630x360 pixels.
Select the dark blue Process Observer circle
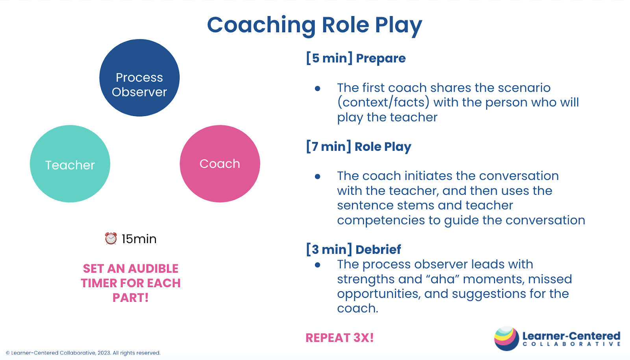139,78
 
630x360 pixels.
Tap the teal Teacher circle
70,164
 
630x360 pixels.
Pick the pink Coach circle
220,164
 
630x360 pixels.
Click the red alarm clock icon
111,238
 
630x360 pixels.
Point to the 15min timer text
139,239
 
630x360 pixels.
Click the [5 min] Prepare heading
356,58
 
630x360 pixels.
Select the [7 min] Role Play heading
359,146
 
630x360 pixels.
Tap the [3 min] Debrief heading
354,249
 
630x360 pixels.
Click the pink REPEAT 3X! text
340,338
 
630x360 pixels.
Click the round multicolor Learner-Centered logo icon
506,339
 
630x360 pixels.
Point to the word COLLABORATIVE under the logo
571,344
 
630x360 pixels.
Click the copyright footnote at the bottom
83,353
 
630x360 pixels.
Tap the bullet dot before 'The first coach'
317,89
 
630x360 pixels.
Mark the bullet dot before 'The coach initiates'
317,177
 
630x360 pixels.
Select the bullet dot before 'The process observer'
317,265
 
